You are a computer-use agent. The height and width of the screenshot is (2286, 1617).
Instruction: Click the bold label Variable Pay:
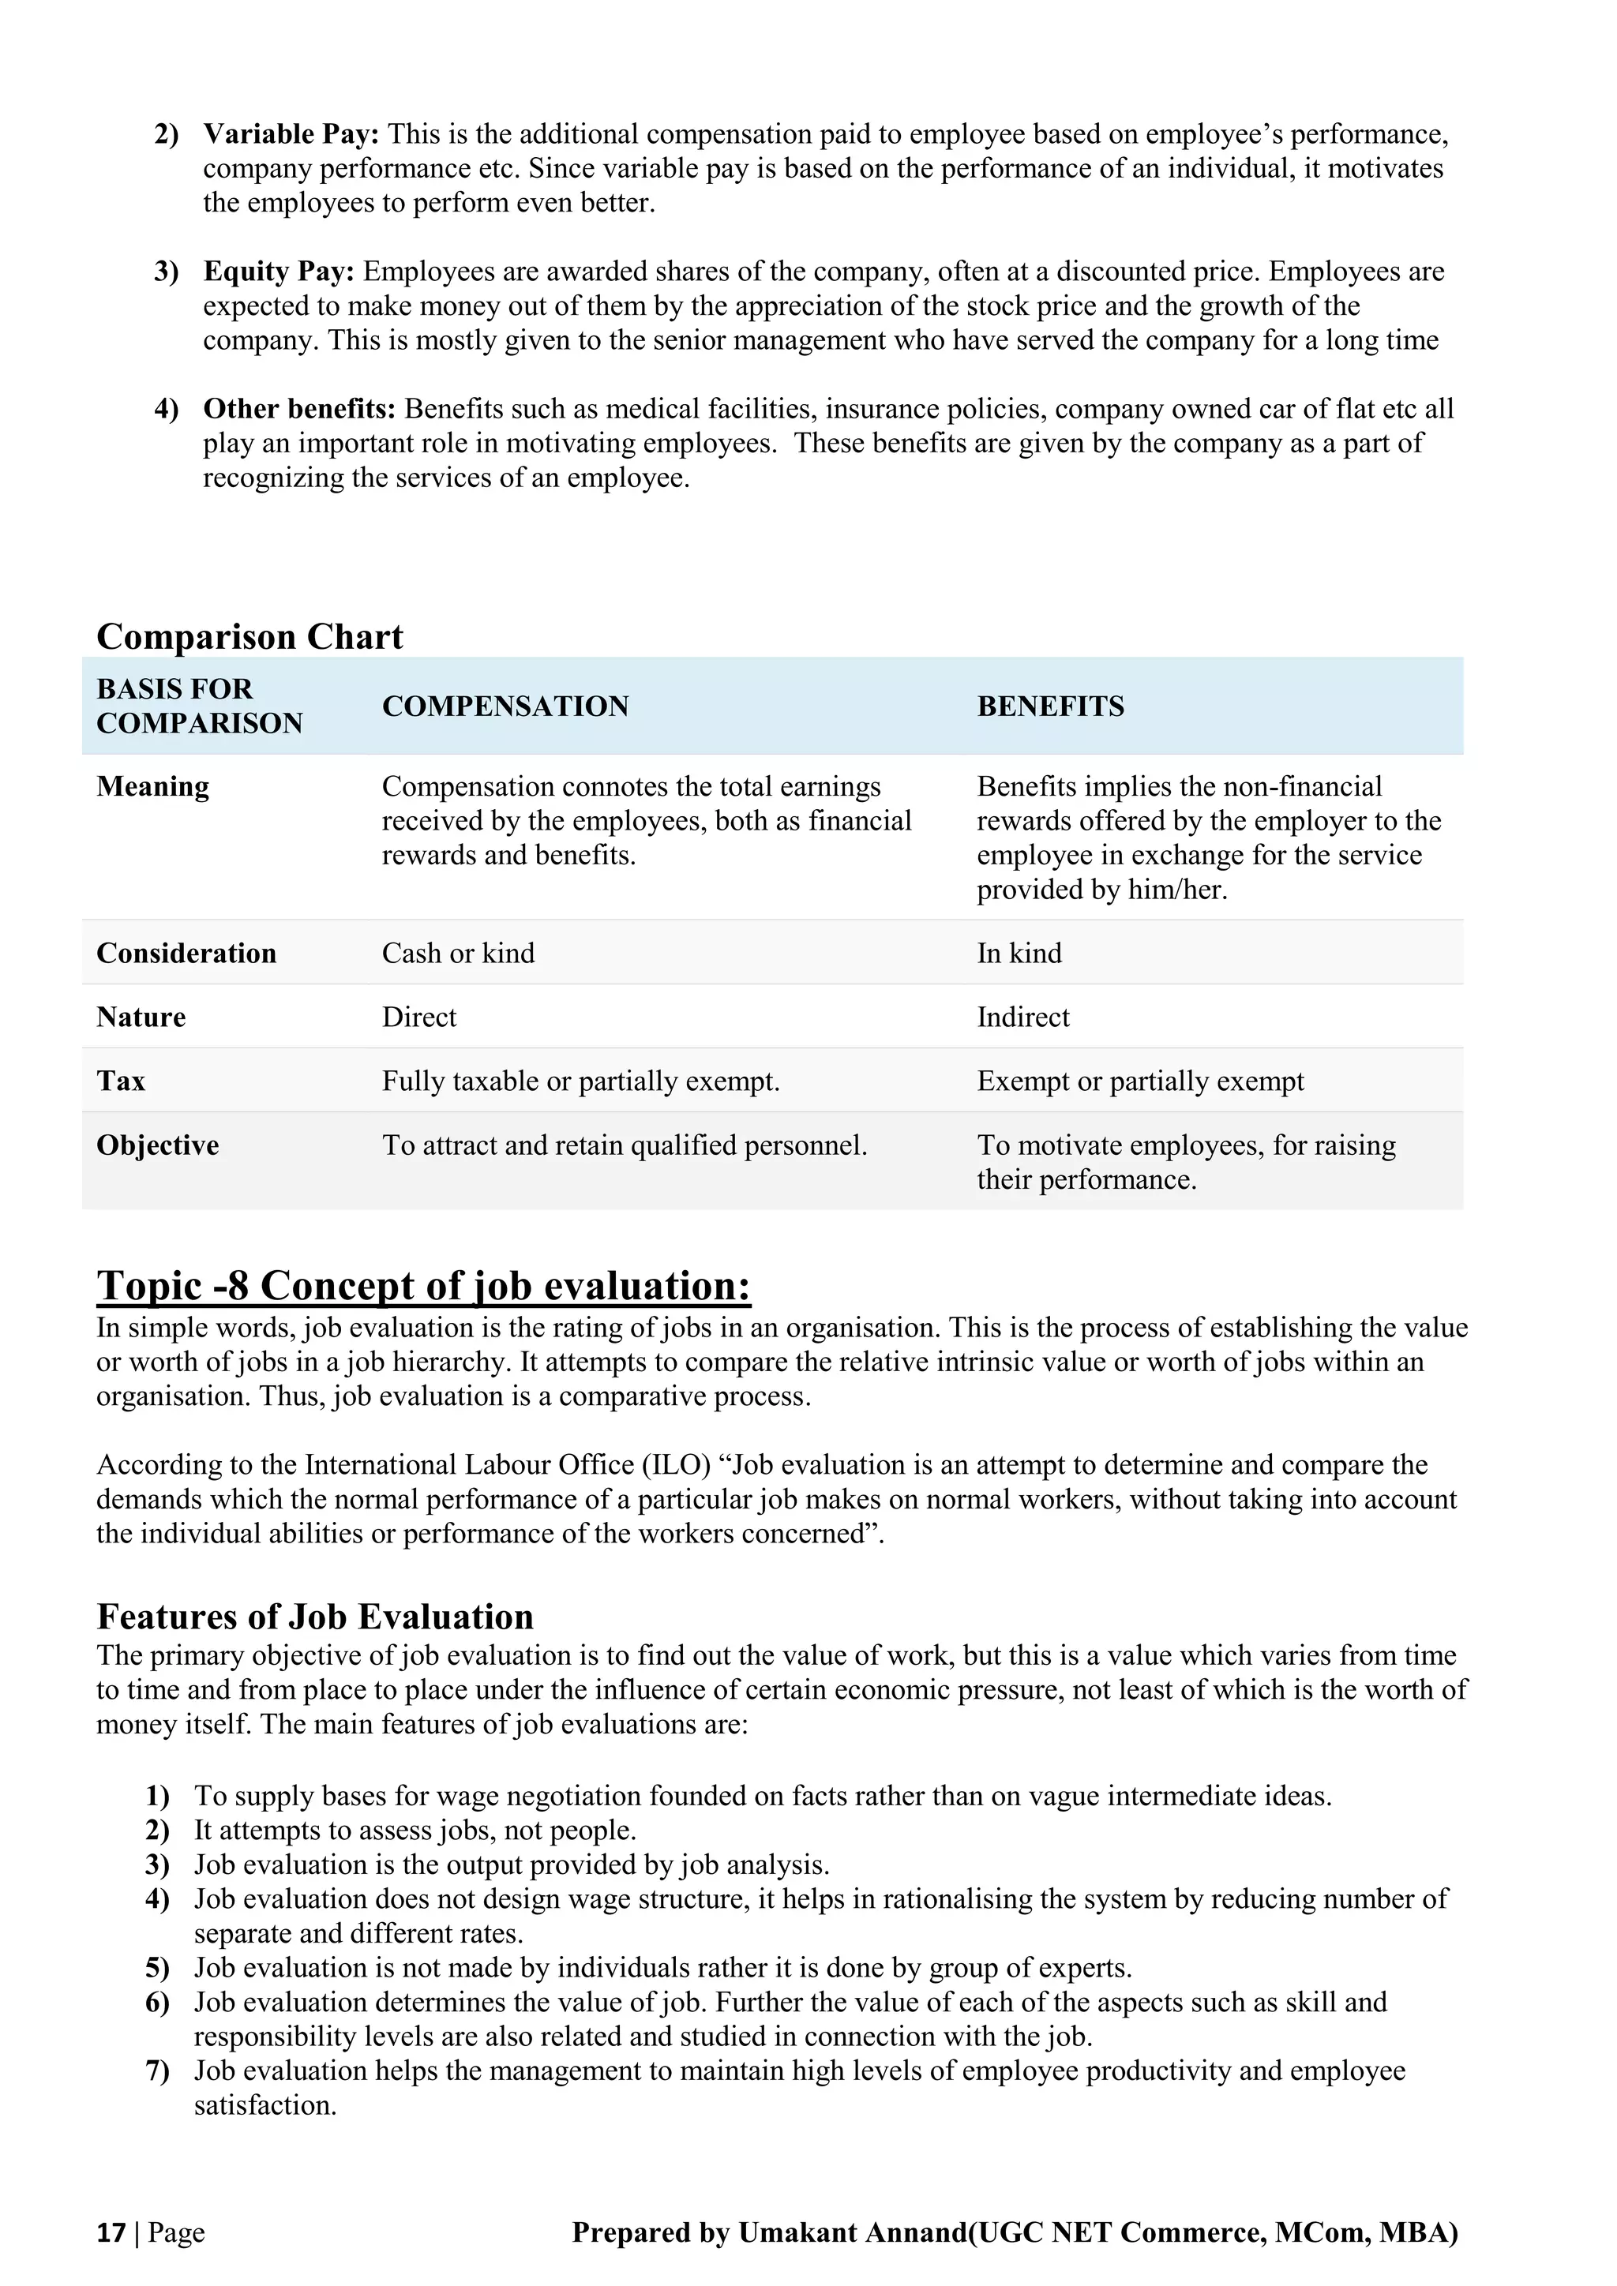[291, 134]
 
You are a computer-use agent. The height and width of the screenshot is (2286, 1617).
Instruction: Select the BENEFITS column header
[1049, 707]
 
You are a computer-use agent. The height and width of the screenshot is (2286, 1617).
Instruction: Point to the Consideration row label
[186, 954]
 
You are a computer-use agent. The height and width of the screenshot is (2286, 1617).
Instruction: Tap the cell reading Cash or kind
[458, 954]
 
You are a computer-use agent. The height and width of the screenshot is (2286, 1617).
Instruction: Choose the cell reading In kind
[1019, 954]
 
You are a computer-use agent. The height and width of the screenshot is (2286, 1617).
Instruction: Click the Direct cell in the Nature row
[419, 1017]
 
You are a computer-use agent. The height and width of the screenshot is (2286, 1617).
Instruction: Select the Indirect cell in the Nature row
[1022, 1017]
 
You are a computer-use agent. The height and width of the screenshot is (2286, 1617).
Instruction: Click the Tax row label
[121, 1081]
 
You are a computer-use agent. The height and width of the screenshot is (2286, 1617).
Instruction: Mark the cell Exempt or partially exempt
[1139, 1081]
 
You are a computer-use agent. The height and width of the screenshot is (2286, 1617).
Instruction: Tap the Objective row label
[157, 1146]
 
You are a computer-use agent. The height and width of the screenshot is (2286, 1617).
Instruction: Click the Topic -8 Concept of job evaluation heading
[423, 1287]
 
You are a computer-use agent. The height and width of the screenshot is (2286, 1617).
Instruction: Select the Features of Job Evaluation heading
[315, 1617]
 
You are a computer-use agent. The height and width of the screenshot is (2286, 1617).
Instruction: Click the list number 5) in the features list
[157, 1969]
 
